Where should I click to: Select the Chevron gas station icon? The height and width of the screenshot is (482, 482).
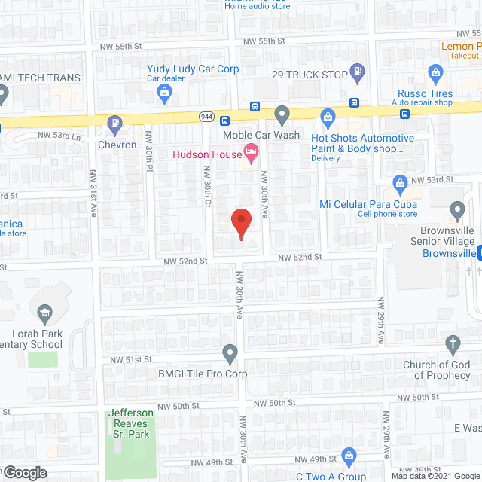tap(114, 123)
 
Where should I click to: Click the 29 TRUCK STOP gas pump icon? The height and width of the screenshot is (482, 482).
tap(358, 74)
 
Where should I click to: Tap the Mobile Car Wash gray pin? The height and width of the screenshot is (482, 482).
tap(282, 114)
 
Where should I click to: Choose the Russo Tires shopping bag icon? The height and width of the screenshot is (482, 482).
tap(434, 72)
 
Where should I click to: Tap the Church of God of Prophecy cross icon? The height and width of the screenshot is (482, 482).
tap(453, 346)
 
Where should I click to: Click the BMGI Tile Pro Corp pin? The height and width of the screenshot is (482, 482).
tap(230, 352)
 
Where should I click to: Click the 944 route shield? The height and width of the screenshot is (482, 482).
tap(207, 117)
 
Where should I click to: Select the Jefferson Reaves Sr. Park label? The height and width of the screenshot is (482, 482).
tap(131, 423)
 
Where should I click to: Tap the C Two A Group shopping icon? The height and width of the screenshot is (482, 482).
tap(349, 455)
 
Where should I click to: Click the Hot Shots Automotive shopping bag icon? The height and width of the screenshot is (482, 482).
tap(328, 117)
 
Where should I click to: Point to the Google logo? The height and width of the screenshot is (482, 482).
tap(25, 473)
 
